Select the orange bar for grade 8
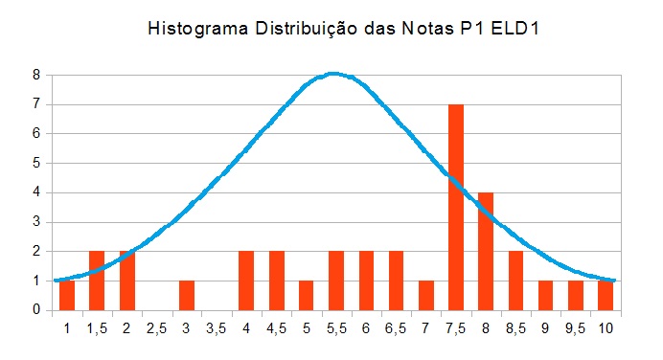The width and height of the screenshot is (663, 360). click(486, 252)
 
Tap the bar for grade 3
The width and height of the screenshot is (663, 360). click(187, 296)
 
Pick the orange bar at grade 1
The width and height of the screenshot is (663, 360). click(67, 296)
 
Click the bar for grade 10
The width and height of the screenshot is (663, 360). click(606, 296)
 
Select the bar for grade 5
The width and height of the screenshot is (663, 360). click(307, 296)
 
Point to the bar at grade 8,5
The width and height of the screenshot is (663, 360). click(515, 281)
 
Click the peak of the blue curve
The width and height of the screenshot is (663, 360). click(332, 73)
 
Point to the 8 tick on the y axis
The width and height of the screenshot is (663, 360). click(35, 75)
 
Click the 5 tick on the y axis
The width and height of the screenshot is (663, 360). click(35, 163)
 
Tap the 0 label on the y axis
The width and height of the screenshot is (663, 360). click(35, 310)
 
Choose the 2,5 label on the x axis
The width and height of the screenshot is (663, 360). click(156, 327)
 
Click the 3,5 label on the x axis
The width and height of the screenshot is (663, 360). click(217, 327)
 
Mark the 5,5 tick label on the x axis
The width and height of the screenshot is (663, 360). click(336, 327)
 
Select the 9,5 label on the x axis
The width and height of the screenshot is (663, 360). click(575, 327)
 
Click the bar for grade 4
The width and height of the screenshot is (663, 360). click(246, 281)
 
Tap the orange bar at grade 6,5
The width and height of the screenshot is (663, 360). click(396, 281)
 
